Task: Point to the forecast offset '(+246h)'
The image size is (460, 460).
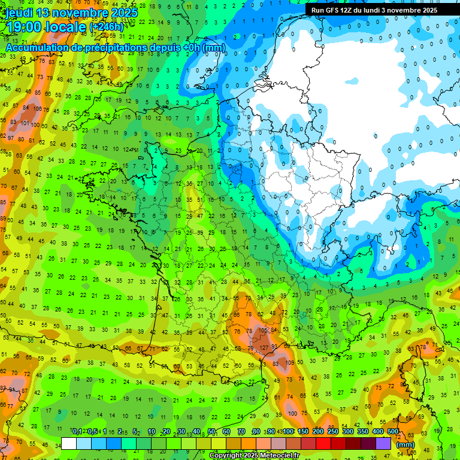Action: [x=106, y=28]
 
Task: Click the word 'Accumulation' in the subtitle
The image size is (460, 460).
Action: [x=36, y=47]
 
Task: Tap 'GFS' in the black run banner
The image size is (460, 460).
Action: [x=332, y=10]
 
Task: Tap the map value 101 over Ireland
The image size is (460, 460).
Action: [x=25, y=123]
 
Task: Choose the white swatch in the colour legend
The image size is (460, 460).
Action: [x=69, y=444]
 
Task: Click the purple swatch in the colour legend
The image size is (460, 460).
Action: [x=383, y=444]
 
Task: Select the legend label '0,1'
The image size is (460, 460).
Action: [x=77, y=432]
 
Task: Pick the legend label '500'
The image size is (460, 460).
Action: [x=392, y=432]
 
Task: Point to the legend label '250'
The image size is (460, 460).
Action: [x=332, y=432]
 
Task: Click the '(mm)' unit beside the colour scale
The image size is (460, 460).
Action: [x=405, y=444]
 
